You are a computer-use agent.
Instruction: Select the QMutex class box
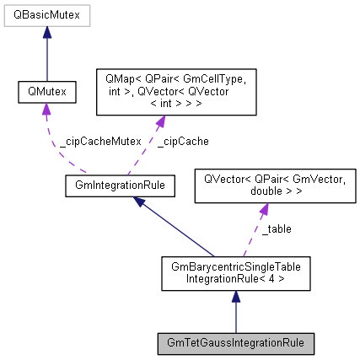(46, 89)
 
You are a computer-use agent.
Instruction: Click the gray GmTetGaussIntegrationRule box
(235, 343)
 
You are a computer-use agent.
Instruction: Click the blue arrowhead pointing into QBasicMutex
(46, 35)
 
